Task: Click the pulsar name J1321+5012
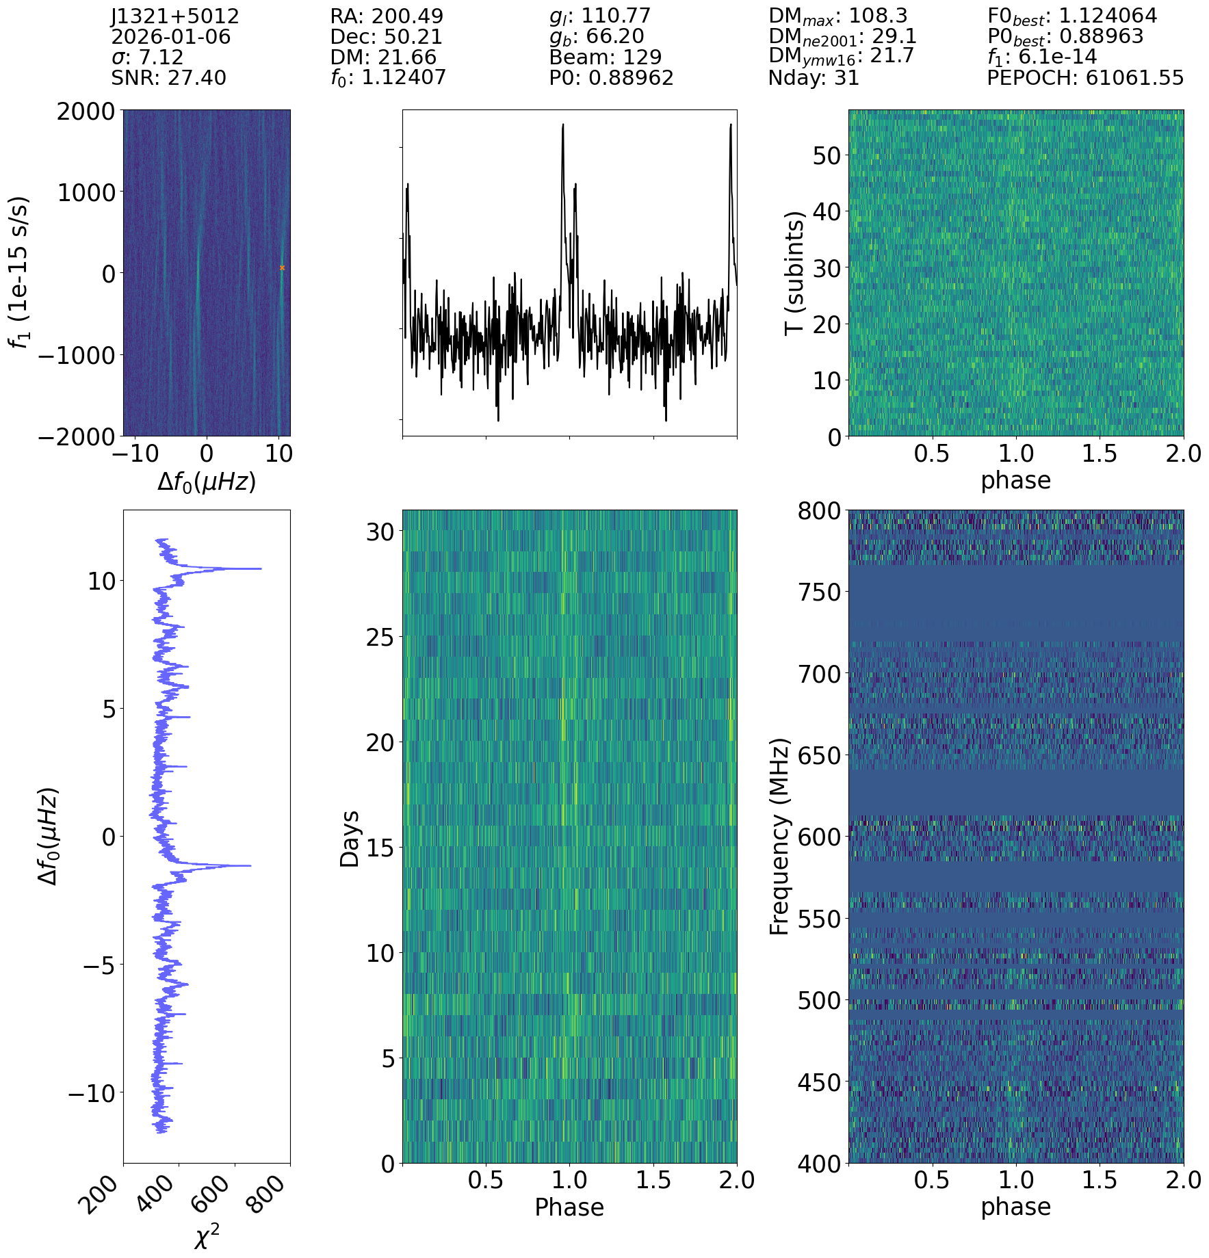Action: point(175,16)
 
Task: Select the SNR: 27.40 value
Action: point(168,78)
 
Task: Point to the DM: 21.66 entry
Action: point(383,57)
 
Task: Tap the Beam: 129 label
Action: point(605,57)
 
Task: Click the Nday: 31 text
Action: point(814,78)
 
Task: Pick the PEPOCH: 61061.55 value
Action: point(1084,78)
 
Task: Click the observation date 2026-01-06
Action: point(171,37)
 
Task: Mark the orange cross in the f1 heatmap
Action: point(282,268)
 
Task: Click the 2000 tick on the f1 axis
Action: point(86,112)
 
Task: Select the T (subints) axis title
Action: point(794,273)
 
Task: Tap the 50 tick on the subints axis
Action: point(827,155)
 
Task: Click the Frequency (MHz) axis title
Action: point(779,836)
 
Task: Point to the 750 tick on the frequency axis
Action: point(819,592)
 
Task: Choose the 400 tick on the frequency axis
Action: point(819,1164)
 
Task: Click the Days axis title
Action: point(350,839)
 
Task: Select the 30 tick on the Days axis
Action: point(381,532)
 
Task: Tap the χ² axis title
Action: point(207,1236)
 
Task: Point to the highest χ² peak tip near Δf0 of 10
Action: point(261,568)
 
